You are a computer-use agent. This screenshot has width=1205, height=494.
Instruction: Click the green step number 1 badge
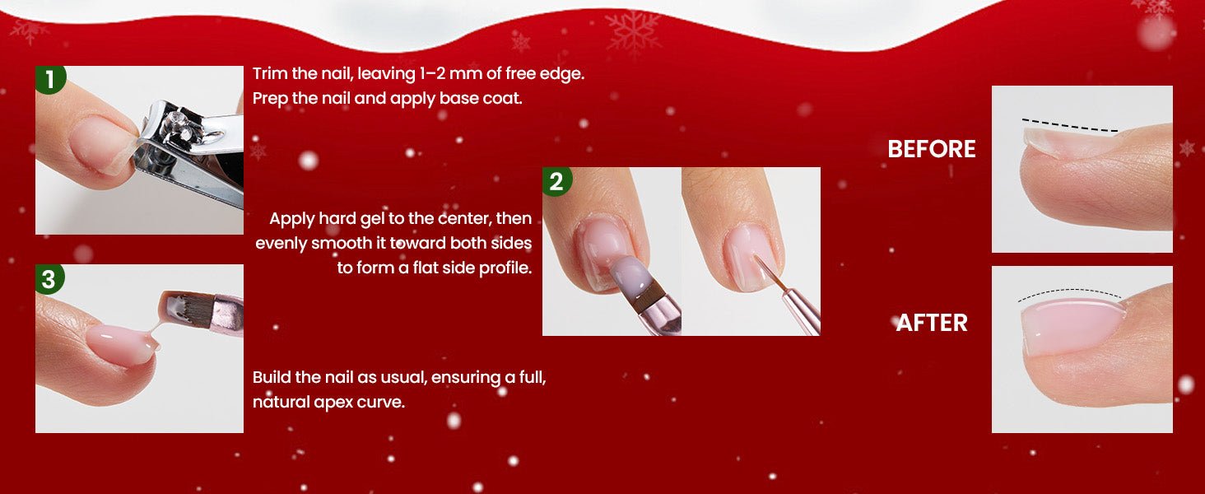tap(50, 79)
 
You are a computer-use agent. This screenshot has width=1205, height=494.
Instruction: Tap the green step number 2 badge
tap(556, 181)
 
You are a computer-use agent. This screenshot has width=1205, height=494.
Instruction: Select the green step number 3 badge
tap(49, 279)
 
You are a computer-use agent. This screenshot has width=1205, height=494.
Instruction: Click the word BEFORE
tap(931, 149)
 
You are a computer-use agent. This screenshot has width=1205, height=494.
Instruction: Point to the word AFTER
tap(932, 323)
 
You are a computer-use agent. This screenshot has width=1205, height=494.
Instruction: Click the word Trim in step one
tap(270, 74)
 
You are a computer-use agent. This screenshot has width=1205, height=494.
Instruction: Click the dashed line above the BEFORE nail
tap(1069, 126)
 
